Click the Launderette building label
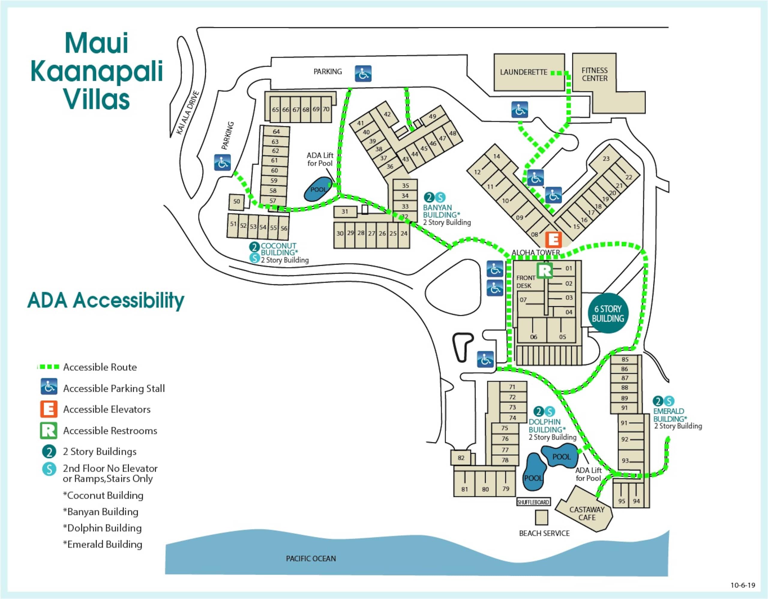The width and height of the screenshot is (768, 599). tap(523, 73)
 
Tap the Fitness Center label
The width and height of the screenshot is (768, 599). tap(595, 75)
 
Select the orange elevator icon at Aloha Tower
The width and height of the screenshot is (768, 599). tap(553, 240)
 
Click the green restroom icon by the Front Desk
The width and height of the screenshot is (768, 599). tap(545, 270)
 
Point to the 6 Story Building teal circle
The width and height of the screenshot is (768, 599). tap(608, 313)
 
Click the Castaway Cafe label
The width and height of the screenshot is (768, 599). tap(587, 513)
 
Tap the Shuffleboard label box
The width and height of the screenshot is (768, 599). tap(533, 502)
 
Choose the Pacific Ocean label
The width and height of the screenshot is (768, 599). tap(311, 559)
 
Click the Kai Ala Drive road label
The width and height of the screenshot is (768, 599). tap(188, 113)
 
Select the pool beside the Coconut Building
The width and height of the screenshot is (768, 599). tap(318, 189)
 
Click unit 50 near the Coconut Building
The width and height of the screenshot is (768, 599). tap(237, 202)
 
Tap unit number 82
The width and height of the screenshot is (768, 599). tap(461, 458)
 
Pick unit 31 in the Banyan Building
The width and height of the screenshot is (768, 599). tap(345, 212)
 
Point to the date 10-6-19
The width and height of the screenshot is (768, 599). tap(743, 585)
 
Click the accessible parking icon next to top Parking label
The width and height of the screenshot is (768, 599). tap(363, 74)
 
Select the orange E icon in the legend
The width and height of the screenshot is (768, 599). tap(49, 409)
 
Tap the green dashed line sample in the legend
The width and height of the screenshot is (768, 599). tap(49, 367)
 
